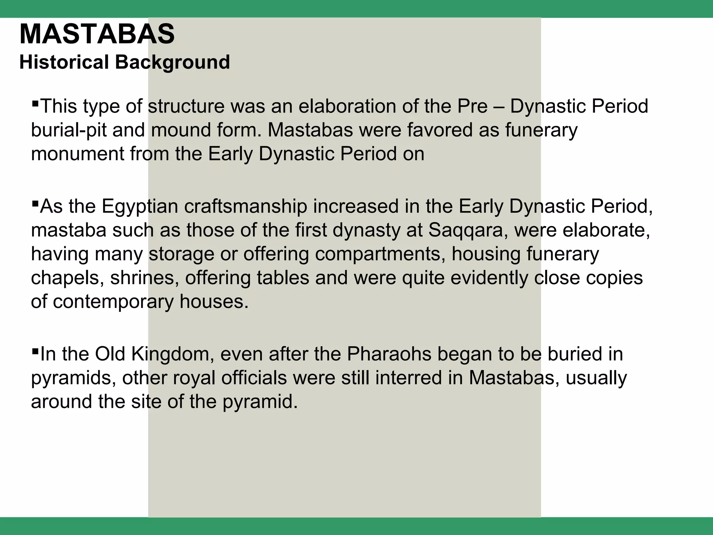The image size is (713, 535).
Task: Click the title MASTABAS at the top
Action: click(97, 34)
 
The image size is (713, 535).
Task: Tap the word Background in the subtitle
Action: click(172, 63)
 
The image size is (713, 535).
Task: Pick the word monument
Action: click(77, 154)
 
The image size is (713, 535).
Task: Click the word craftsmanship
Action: click(245, 207)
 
